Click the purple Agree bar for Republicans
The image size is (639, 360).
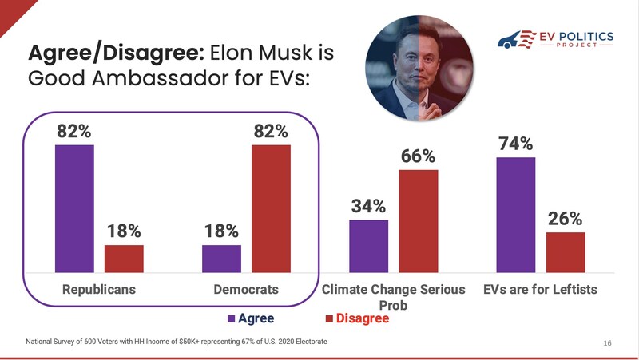click(x=74, y=209)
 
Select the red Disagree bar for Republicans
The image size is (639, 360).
click(x=124, y=259)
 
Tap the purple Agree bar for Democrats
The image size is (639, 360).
click(x=221, y=259)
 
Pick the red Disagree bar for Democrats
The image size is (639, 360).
click(x=271, y=209)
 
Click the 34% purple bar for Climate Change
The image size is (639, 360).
click(x=368, y=246)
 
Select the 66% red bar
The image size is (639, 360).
click(x=419, y=221)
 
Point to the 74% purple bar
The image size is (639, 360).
click(x=516, y=215)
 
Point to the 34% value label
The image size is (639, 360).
click(x=368, y=206)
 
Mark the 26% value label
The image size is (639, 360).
click(x=565, y=218)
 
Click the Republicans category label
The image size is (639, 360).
click(x=99, y=289)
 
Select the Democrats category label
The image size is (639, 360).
click(x=246, y=289)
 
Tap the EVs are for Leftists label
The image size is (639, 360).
click(x=541, y=289)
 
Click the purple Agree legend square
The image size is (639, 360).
click(x=232, y=319)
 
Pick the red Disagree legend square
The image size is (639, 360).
click(x=329, y=319)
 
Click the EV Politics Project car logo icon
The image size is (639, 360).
click(x=515, y=40)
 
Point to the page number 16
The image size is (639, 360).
click(x=607, y=343)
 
